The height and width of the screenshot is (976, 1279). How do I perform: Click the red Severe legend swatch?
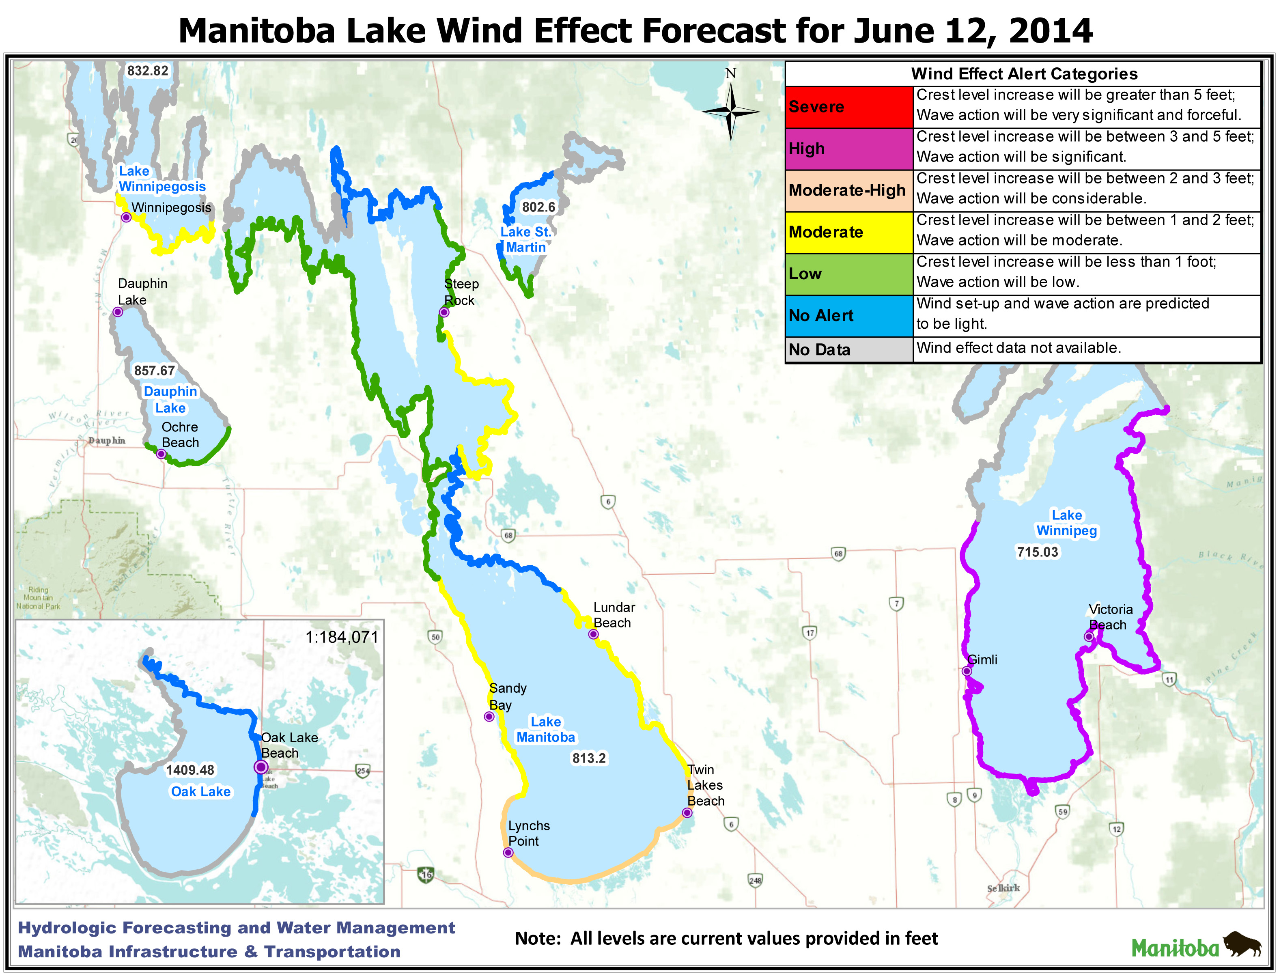coord(848,107)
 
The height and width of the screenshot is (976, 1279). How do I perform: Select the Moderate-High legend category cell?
coord(848,191)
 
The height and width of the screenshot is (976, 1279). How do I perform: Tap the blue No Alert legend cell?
coord(848,315)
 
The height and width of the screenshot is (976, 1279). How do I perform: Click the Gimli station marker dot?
coord(967,671)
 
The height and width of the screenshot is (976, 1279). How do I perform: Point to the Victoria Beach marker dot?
coord(1088,637)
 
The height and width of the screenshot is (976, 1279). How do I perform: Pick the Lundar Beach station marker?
coord(593,634)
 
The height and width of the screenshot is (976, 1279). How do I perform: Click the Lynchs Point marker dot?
coord(508,853)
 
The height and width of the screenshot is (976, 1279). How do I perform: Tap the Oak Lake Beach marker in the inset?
coord(261,767)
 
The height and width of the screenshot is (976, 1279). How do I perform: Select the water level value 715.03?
coord(1038,552)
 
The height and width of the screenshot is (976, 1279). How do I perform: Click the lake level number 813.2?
coord(588,758)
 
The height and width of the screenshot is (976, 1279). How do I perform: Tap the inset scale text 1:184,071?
coord(342,637)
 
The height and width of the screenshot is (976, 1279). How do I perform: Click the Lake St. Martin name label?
coord(525,239)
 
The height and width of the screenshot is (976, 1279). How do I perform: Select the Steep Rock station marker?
coord(444,312)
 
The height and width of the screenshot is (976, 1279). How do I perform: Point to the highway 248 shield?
coord(755,881)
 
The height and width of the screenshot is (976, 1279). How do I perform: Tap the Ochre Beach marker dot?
coord(161,454)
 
